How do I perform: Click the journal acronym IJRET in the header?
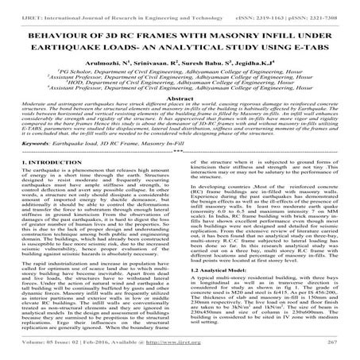click(21, 6)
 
